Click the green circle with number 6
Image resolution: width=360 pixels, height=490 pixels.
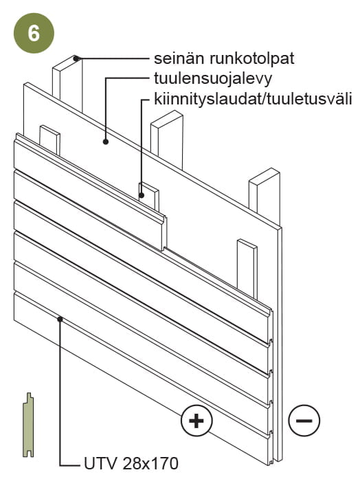(x=34, y=33)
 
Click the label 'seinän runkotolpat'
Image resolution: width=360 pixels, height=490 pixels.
(x=224, y=58)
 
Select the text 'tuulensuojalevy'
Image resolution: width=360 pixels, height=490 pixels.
(x=213, y=79)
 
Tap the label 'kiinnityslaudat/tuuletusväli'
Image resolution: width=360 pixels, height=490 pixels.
(x=253, y=98)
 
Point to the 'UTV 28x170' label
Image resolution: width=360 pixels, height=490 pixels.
(x=131, y=463)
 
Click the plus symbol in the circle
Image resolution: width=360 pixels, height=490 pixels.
(x=196, y=421)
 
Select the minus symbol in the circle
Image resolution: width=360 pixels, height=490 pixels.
(x=304, y=421)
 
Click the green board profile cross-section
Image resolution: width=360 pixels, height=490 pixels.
(x=28, y=425)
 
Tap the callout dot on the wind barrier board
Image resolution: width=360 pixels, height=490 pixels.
(x=106, y=142)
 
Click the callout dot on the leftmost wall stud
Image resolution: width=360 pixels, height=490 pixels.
(x=76, y=58)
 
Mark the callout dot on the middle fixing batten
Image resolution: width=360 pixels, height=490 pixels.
(x=142, y=196)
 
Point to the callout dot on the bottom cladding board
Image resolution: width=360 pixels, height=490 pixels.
(x=60, y=319)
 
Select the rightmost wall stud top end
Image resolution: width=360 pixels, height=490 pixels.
(x=265, y=175)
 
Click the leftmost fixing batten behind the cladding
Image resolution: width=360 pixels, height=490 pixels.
(x=49, y=140)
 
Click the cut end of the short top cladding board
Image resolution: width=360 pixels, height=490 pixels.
(x=164, y=233)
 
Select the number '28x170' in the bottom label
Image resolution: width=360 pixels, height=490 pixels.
(x=150, y=463)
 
